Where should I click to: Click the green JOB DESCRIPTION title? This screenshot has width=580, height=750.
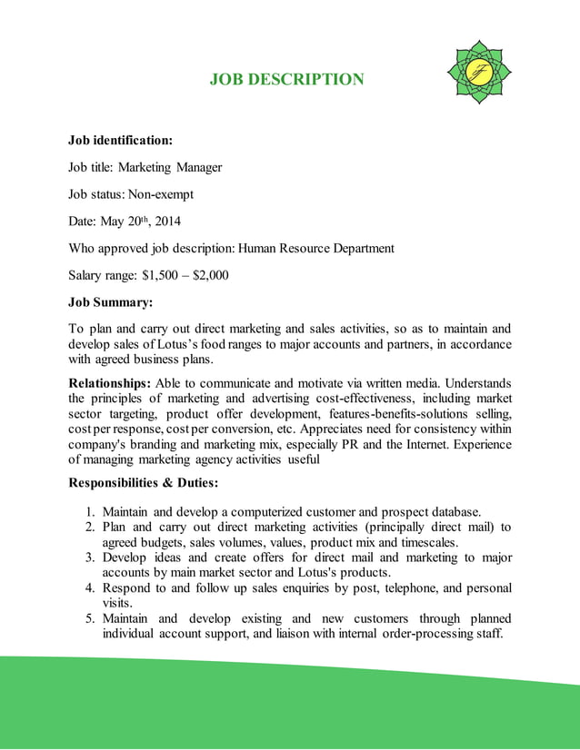[286, 80]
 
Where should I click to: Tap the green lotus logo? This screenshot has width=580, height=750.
[480, 72]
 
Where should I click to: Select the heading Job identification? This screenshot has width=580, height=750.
[121, 141]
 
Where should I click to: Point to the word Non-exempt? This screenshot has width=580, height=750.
[160, 194]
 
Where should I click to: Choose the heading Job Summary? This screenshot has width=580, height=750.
[111, 301]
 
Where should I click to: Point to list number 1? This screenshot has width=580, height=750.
[91, 511]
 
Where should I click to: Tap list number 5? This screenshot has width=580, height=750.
[91, 618]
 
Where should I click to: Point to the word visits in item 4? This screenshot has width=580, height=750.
[118, 603]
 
